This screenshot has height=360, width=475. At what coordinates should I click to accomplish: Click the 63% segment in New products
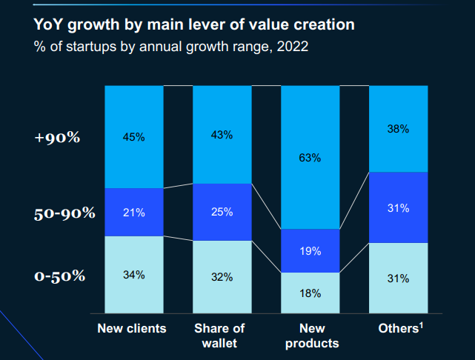click(310, 157)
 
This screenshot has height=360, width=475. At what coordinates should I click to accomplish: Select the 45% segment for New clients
click(134, 136)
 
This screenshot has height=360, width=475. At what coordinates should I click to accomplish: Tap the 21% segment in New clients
click(134, 213)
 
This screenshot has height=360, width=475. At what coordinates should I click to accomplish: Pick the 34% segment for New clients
click(134, 275)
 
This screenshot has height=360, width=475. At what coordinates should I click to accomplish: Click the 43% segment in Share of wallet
click(222, 135)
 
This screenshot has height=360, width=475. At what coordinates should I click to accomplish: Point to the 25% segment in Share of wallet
click(222, 212)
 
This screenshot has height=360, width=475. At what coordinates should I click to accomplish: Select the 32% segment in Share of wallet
click(222, 277)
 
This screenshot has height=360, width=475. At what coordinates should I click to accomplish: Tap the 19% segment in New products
click(310, 251)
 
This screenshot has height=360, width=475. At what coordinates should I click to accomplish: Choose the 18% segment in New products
click(310, 293)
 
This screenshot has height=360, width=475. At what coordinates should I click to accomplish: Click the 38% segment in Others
click(398, 129)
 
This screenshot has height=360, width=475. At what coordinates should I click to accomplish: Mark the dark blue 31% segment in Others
click(398, 208)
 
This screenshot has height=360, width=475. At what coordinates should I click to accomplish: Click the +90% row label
click(57, 138)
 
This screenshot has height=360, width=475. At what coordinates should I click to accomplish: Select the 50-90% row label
click(64, 213)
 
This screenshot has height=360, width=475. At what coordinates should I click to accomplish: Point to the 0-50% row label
click(59, 276)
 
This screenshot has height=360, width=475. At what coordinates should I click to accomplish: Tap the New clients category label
click(132, 328)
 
